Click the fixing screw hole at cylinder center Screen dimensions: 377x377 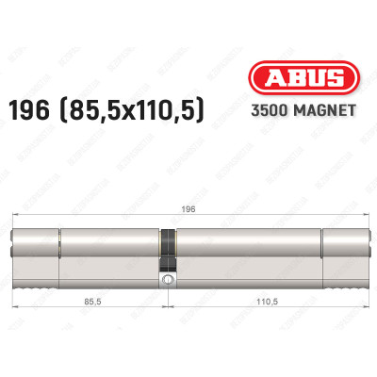[x=168, y=280]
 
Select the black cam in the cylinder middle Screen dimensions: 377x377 [x=168, y=253]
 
